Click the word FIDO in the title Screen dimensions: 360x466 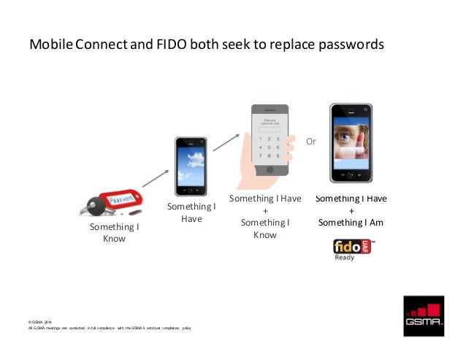(x=169, y=45)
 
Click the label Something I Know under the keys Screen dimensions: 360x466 (x=114, y=233)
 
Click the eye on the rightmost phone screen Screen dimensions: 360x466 (x=347, y=135)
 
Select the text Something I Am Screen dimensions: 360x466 (x=351, y=223)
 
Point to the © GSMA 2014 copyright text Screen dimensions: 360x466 (x=40, y=322)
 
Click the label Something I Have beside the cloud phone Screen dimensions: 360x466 (x=191, y=212)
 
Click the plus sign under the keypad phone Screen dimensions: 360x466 (x=265, y=210)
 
